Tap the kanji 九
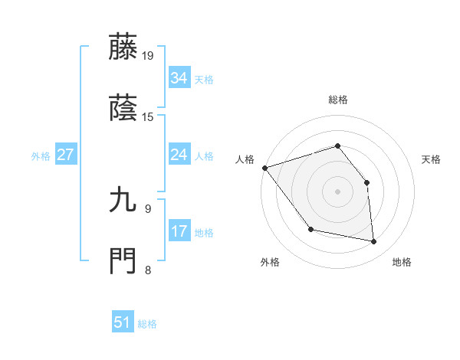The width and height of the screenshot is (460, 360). pos(123,201)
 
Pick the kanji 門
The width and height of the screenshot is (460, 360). pos(123,260)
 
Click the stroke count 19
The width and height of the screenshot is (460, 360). pos(148,55)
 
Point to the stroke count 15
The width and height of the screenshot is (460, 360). pos(148,117)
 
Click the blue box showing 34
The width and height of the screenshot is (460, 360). pos(179,78)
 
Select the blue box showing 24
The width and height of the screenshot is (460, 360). pos(179,155)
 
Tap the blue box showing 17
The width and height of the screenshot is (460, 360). pos(179,231)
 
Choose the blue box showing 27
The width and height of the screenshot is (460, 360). pos(65,155)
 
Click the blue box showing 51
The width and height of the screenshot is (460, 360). pos(122,322)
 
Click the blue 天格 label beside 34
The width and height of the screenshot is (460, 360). pos(204,80)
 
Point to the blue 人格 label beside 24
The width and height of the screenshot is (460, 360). pos(204,156)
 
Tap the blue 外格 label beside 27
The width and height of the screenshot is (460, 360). pos(41,156)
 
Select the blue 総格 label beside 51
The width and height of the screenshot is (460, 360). pos(147,324)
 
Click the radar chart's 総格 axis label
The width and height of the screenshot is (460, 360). pos(337,100)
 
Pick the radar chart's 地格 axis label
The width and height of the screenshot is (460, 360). pos(402,262)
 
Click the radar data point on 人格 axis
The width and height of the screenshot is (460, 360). pos(264,168)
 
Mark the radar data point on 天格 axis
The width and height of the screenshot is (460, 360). pos(366,182)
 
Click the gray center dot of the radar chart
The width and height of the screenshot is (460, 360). pos(337,191)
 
